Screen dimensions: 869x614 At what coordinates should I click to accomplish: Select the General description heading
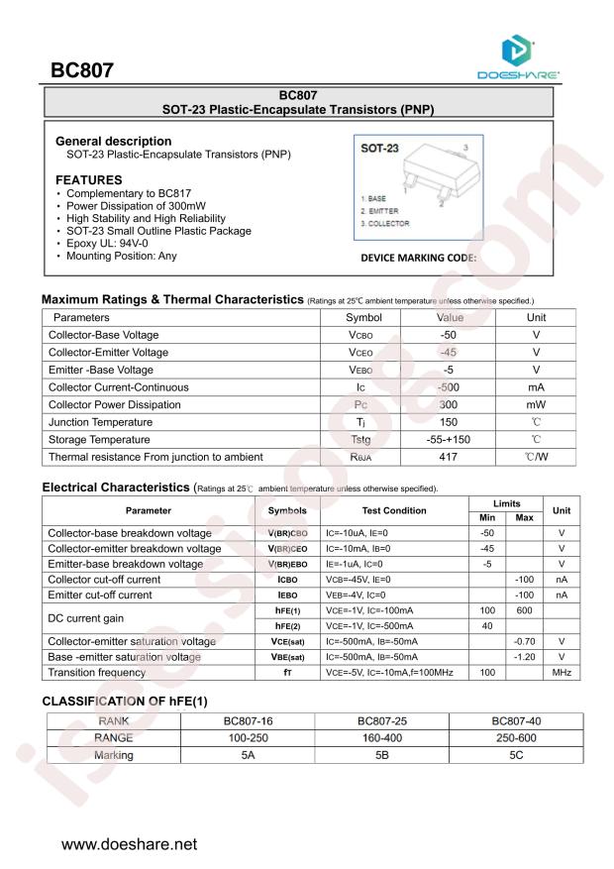click(113, 142)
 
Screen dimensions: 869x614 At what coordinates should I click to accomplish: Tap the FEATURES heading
click(89, 179)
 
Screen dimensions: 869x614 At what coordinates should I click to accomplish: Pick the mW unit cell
click(536, 405)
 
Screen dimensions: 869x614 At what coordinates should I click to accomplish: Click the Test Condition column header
click(394, 510)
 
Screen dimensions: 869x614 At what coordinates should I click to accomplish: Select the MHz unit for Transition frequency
click(562, 673)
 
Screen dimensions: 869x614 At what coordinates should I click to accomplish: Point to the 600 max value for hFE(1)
click(524, 610)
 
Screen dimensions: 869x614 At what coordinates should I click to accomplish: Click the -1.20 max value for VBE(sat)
click(524, 657)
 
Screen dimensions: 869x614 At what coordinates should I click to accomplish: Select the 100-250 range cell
click(249, 738)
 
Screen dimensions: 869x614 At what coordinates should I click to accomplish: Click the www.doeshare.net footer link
click(130, 845)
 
